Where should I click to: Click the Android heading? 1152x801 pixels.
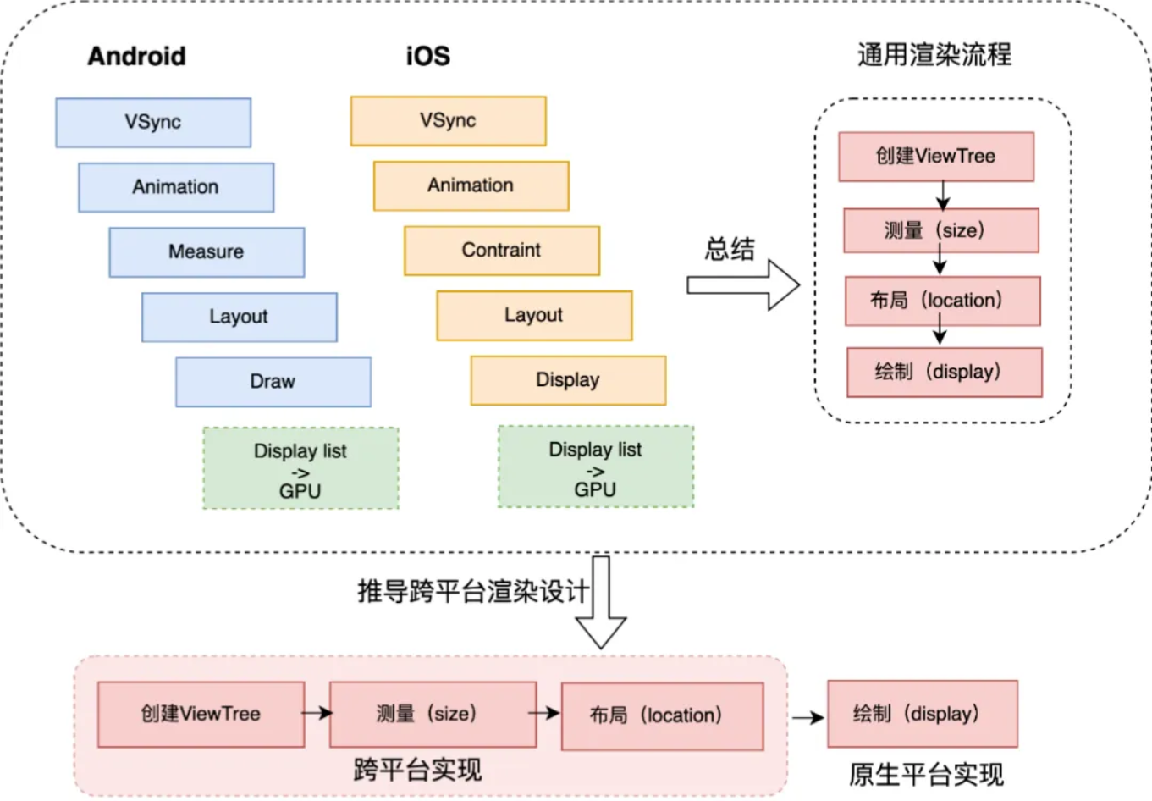pos(137,56)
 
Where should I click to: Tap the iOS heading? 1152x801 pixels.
pos(428,56)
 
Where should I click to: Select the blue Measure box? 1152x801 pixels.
pos(207,252)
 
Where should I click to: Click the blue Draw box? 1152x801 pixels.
pos(273,382)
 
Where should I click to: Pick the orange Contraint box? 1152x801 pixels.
pos(502,251)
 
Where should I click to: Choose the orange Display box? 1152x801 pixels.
pos(568,380)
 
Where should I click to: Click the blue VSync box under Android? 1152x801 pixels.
pos(153,123)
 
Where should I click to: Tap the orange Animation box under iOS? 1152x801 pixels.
pos(471,185)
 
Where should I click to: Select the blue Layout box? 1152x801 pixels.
pos(240,317)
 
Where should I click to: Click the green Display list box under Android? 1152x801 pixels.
pos(300,468)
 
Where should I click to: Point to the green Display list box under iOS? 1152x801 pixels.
pos(596,467)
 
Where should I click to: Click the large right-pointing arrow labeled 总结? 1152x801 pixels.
pos(743,285)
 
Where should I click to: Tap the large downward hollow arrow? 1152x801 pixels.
pos(601,602)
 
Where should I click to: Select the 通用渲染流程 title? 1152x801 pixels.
pos(934,54)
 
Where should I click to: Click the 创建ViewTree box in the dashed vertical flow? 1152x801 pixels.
pos(936,157)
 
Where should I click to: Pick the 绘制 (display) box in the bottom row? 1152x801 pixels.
pos(922,714)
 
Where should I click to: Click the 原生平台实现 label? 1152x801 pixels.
pos(926,774)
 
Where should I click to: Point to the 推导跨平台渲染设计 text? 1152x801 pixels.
pos(473,591)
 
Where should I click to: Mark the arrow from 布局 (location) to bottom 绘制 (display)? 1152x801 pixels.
pos(808,717)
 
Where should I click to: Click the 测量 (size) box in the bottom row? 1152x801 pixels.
pos(433,715)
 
